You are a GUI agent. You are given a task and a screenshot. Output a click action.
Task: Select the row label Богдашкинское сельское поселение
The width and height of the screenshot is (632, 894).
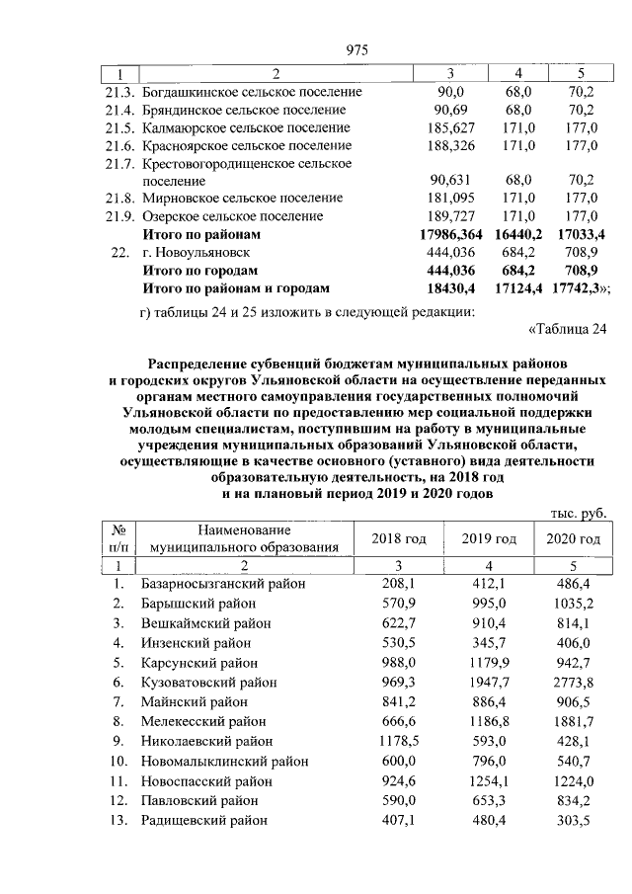point(251,92)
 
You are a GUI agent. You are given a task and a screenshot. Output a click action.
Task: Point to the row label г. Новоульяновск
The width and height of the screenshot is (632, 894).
point(196,253)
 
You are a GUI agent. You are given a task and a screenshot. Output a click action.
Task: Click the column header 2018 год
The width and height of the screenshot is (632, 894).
point(399,538)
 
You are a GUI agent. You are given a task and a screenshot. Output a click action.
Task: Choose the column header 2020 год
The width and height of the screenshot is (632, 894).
point(573,538)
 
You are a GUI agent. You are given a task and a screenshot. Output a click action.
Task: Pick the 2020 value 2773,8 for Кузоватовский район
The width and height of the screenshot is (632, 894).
point(573,684)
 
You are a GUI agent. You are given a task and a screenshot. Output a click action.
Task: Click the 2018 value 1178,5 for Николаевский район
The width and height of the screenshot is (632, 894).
point(399,742)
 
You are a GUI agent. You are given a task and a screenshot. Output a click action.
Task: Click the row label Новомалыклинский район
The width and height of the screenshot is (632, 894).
point(224,762)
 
